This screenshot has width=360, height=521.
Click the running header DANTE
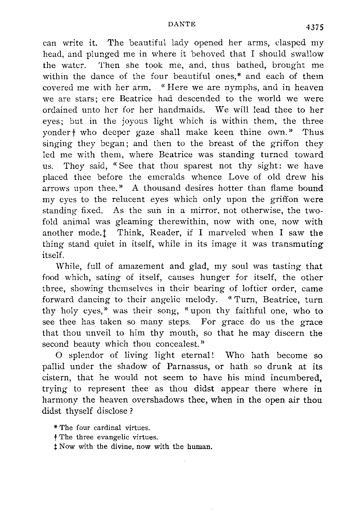(x=182, y=24)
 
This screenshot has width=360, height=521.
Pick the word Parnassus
(x=186, y=367)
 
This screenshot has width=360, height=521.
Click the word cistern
(x=55, y=378)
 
